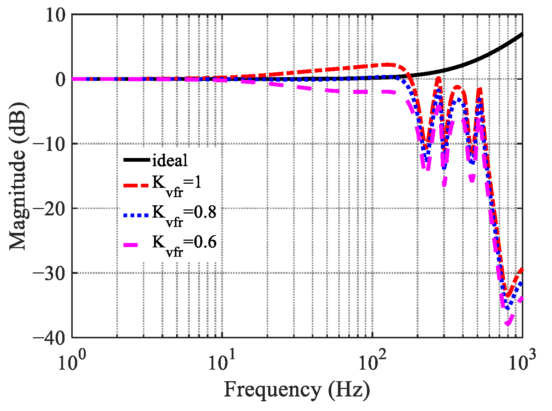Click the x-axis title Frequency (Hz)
[297, 390]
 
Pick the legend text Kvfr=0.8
[184, 214]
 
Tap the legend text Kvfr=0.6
[184, 244]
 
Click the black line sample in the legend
[137, 160]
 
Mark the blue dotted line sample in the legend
[137, 215]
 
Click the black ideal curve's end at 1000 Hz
[522, 34]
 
